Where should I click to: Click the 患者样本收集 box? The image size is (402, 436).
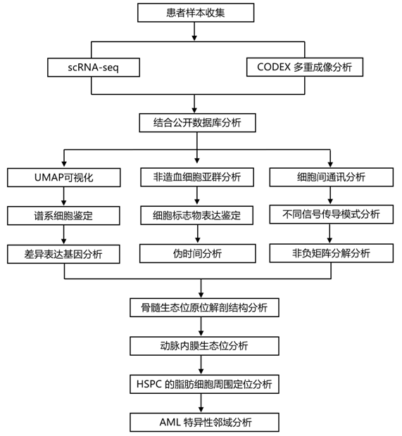(x=196, y=13)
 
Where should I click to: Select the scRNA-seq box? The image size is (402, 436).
(x=94, y=68)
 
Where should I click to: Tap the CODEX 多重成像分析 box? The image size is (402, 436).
(x=305, y=67)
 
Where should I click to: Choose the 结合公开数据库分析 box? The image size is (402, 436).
(x=197, y=122)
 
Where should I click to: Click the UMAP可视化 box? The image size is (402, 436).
(x=64, y=177)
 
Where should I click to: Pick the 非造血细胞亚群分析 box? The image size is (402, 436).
(x=197, y=177)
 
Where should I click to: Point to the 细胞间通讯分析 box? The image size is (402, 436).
(x=332, y=177)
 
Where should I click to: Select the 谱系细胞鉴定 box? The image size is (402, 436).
(x=63, y=215)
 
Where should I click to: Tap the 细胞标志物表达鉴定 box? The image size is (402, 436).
(x=197, y=215)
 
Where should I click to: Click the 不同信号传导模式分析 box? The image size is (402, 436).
(x=332, y=214)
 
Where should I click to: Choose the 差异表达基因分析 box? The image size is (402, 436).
(x=63, y=254)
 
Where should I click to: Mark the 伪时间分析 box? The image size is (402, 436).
(x=198, y=253)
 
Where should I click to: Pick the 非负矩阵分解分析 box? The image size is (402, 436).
(x=332, y=253)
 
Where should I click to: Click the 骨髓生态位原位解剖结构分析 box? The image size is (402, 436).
(x=204, y=307)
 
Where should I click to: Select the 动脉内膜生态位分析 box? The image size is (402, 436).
(x=204, y=346)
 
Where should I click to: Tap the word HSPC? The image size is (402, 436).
(x=149, y=384)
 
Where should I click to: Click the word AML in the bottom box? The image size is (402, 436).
(x=170, y=423)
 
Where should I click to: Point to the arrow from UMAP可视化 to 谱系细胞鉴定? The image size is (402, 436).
(x=64, y=196)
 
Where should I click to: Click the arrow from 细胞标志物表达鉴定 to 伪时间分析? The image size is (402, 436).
(x=197, y=234)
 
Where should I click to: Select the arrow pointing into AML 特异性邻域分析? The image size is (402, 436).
(x=201, y=403)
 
